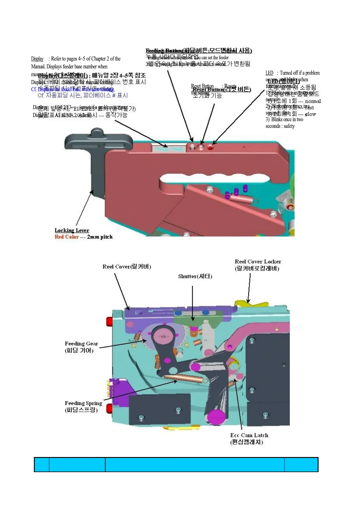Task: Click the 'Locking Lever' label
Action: (72, 230)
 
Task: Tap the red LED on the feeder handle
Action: (210, 148)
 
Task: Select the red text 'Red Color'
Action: (67, 237)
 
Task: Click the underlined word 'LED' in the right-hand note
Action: (269, 73)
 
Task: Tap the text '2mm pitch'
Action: (100, 237)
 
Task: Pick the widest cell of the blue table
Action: (195, 465)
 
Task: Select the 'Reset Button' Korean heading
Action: (222, 89)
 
